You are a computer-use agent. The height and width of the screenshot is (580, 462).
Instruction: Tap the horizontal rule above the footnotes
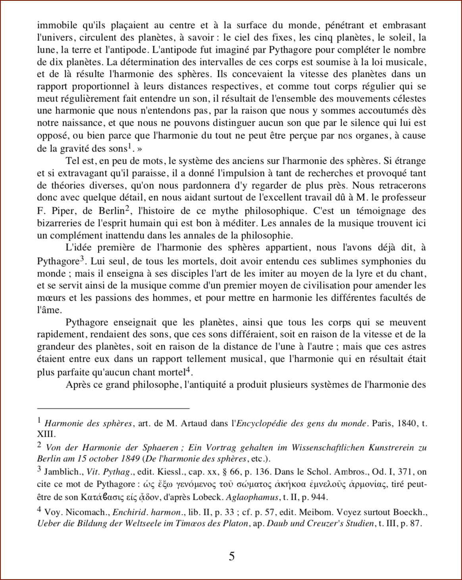click(113, 408)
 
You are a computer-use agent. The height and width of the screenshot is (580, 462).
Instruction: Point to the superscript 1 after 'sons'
click(129, 146)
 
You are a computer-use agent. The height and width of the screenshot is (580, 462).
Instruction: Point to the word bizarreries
click(61, 223)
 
